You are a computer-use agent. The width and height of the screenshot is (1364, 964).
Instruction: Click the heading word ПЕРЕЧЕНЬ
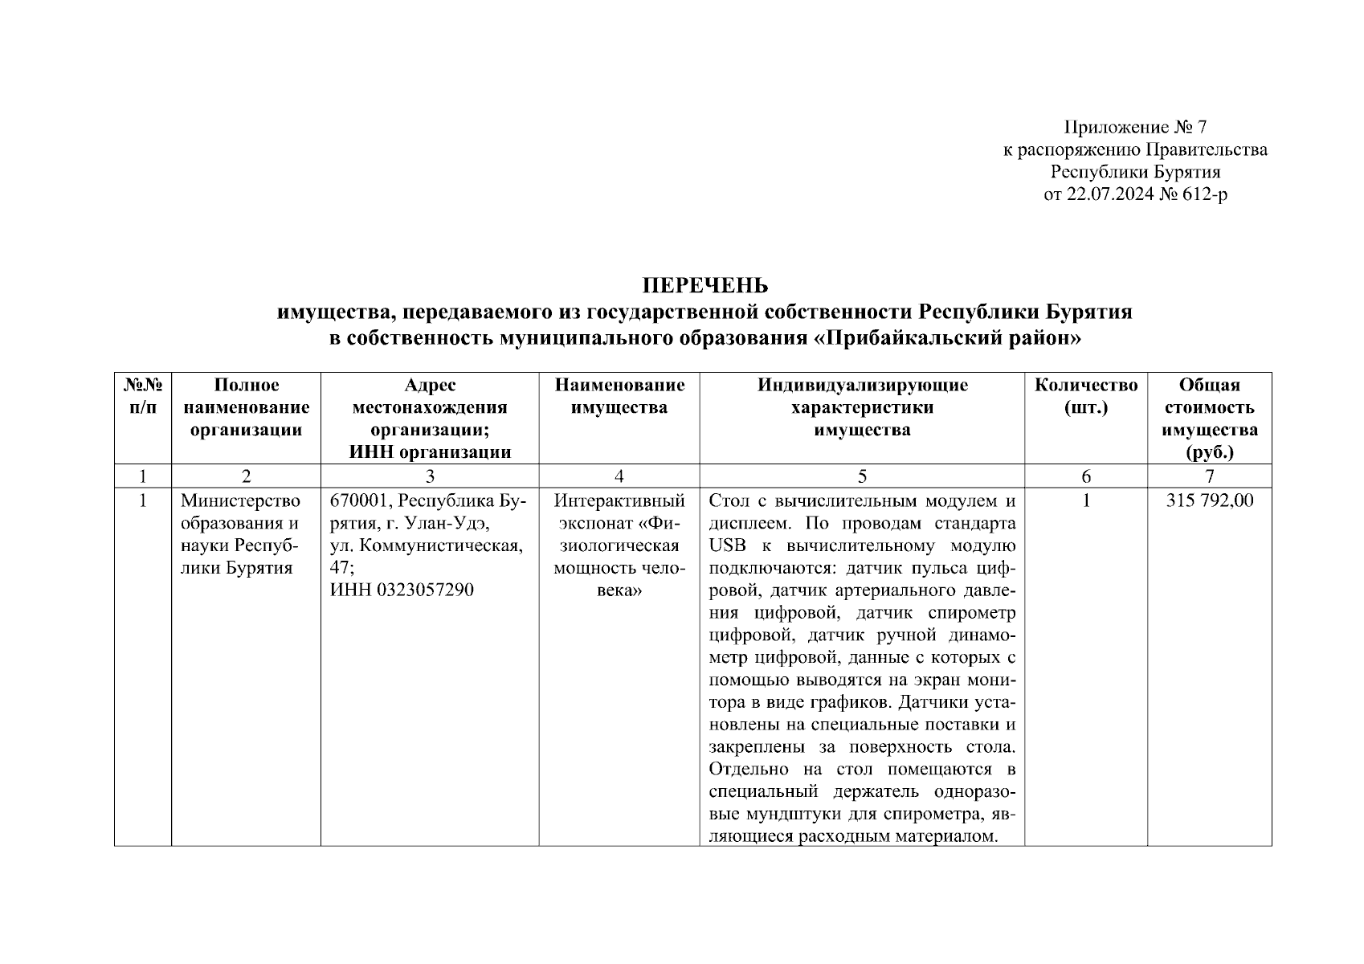704,287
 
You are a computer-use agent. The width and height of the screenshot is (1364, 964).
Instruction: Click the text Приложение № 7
1135,127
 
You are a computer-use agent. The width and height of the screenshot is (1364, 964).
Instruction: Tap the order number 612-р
1203,194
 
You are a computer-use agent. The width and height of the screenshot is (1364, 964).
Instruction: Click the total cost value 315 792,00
1209,501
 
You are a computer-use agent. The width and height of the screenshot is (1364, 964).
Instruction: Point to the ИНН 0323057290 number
402,590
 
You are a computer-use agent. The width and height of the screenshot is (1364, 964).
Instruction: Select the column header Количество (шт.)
1085,396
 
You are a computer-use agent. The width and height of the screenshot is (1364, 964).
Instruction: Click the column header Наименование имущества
619,396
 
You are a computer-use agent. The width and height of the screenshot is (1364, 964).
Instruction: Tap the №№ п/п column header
143,396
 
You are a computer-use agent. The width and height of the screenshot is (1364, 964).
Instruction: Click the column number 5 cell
862,476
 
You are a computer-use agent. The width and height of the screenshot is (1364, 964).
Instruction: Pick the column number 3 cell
430,476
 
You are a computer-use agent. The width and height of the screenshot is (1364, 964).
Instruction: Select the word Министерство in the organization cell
240,501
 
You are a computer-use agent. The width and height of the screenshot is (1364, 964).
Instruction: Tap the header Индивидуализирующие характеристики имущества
862,407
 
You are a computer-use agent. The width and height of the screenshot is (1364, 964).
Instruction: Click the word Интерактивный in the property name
619,501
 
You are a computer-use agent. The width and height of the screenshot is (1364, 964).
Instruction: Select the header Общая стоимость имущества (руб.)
1209,418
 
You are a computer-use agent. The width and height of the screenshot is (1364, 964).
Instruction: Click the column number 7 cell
1209,476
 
